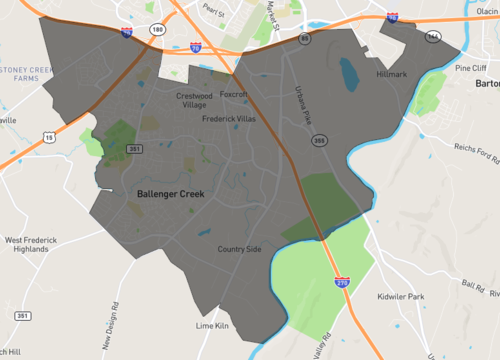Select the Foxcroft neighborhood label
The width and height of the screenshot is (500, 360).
click(x=233, y=95)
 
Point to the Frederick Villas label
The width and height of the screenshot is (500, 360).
click(x=230, y=118)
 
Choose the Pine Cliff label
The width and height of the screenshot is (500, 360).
click(x=469, y=69)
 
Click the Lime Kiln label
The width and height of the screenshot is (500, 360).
click(x=213, y=326)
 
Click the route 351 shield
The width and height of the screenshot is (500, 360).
click(x=135, y=149)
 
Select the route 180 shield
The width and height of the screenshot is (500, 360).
click(x=157, y=30)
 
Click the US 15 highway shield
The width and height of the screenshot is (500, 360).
click(x=48, y=136)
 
